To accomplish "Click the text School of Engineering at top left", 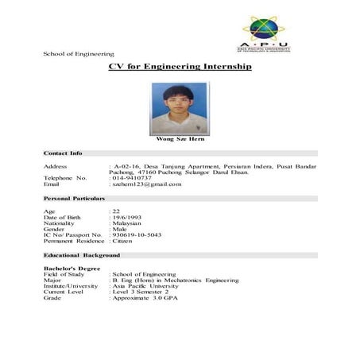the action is click(x=79, y=54).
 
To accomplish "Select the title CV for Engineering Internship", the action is click(x=180, y=67).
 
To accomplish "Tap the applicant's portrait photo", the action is click(x=180, y=110).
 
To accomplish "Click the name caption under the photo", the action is click(x=180, y=140).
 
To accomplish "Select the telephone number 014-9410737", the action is click(x=132, y=177).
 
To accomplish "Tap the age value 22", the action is click(x=115, y=211).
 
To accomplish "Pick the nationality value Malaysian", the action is click(x=128, y=223).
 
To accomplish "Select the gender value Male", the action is click(x=120, y=229).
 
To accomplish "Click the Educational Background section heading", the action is click(x=81, y=255).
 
